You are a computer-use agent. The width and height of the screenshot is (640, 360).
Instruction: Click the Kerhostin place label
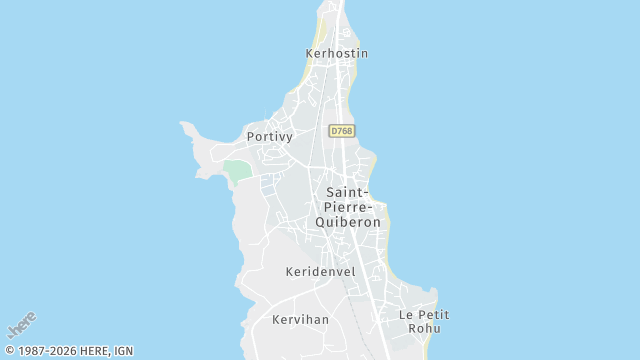(337, 53)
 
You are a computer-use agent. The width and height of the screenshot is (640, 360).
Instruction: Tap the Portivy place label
(269, 137)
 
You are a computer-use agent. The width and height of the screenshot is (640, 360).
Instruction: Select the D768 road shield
(341, 131)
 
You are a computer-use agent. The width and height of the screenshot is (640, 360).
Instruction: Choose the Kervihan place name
(300, 320)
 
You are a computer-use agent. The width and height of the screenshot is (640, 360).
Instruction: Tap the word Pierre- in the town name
(347, 207)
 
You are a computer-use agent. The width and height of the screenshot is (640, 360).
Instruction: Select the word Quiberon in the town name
(348, 222)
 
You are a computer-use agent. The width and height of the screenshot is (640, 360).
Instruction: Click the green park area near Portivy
(237, 170)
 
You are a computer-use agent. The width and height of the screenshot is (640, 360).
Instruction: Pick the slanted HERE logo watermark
(22, 326)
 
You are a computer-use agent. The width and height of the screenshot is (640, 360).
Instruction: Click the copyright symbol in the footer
(9, 351)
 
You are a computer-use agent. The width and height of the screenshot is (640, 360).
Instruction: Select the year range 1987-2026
(46, 351)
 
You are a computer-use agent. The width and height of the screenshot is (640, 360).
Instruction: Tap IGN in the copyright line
(123, 351)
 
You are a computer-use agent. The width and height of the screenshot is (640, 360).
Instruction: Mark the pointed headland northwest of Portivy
(186, 126)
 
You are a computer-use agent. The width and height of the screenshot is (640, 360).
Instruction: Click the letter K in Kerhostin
(310, 53)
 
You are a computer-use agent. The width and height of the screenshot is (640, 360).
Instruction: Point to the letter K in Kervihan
(276, 320)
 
